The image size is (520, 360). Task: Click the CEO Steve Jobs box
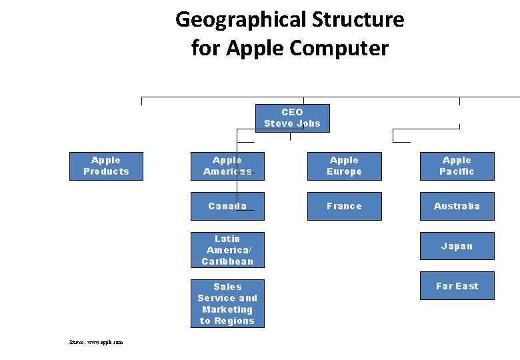[292, 118]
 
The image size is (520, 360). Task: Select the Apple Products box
[106, 166]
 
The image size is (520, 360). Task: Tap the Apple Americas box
[227, 166]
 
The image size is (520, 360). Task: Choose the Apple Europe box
[344, 166]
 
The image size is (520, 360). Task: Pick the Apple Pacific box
[457, 166]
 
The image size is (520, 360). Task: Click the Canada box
[227, 206]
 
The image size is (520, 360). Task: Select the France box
[344, 206]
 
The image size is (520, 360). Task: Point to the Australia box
[457, 206]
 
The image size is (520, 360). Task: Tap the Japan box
[457, 246]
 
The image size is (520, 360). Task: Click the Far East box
[457, 286]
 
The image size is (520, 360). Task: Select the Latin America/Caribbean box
[227, 250]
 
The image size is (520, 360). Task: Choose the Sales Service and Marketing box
[227, 303]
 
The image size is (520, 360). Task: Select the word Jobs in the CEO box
[308, 123]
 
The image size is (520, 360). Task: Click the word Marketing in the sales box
[227, 309]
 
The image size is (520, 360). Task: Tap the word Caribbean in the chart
[227, 261]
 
